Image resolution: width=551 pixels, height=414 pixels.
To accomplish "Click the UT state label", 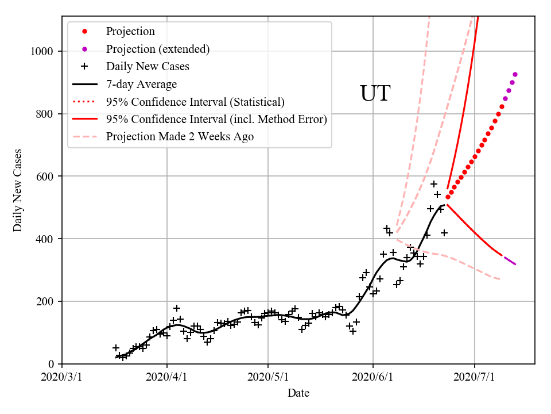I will (x=375, y=94).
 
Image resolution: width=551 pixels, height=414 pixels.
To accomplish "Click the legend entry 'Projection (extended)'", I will (x=157, y=49).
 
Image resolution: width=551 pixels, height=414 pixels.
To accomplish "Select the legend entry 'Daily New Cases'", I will (x=148, y=67).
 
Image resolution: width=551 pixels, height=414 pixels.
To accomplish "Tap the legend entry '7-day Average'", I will (x=141, y=85).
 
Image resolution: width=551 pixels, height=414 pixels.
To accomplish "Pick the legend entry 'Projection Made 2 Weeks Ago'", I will (x=180, y=137).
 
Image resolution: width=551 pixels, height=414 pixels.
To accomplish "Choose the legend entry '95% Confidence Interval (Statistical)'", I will (x=195, y=102).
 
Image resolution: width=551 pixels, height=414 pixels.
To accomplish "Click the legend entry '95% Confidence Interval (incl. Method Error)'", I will (x=216, y=120).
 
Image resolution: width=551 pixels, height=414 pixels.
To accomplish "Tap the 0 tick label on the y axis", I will (x=51, y=364).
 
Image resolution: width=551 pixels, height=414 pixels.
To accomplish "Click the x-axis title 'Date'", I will (x=298, y=393).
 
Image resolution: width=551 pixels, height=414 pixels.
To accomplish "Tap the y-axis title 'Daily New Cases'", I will (x=18, y=190).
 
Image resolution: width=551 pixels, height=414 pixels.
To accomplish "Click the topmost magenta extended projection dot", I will (x=515, y=74).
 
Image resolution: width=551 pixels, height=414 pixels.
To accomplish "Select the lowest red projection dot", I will (x=448, y=197).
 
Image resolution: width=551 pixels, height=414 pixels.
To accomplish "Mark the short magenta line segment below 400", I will (x=510, y=260).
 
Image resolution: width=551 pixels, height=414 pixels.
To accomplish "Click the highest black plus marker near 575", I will (x=434, y=184).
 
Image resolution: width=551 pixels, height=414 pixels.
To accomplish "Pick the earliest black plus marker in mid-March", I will (x=116, y=348).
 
